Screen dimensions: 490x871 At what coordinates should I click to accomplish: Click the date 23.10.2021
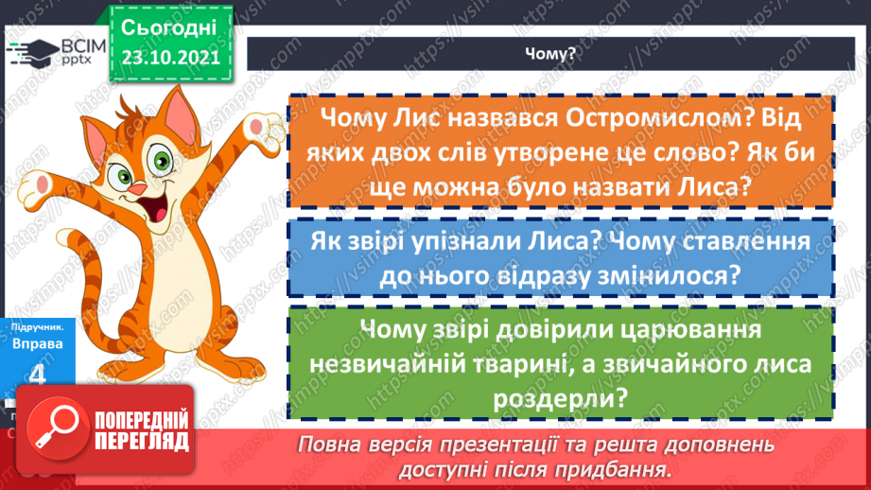tap(169, 57)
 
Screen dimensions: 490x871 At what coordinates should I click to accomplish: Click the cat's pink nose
tap(138, 188)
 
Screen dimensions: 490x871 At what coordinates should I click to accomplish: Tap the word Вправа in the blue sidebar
tap(38, 344)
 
